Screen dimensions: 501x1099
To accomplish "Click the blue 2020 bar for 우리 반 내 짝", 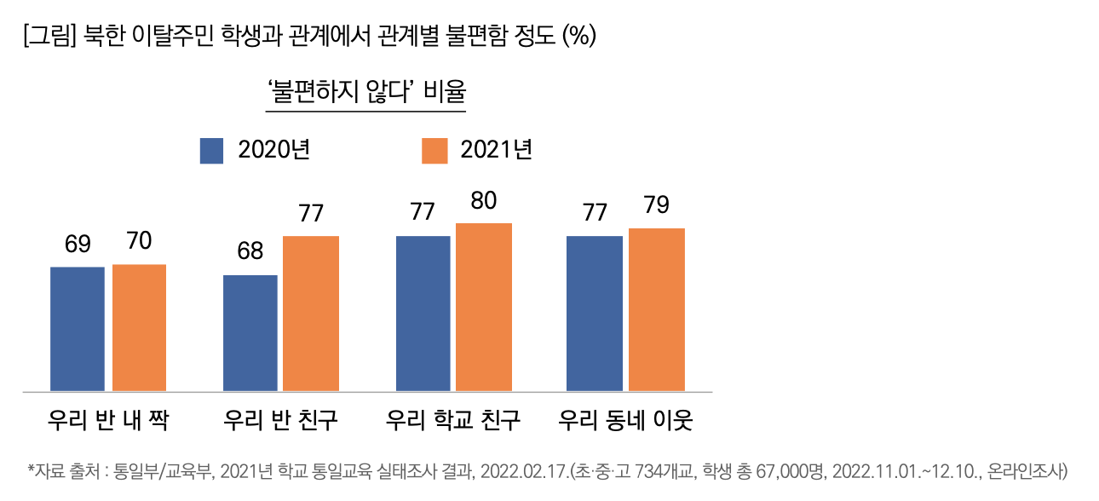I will pos(78,329).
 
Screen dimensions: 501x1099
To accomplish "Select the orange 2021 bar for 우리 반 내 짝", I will pos(139,328).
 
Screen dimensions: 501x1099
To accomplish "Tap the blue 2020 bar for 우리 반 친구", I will pos(250,333).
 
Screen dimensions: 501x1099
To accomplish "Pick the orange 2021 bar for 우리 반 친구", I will pos(311,314).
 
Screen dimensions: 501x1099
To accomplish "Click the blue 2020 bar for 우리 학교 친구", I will pos(423,314).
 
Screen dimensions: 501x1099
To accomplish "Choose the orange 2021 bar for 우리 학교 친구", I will pos(484,308).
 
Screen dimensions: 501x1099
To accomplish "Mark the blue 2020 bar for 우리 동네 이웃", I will pos(595,314).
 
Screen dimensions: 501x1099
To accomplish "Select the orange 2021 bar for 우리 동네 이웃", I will pos(657,310).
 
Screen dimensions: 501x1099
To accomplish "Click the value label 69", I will pos(78,245).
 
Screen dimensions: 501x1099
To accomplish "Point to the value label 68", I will pos(250,252).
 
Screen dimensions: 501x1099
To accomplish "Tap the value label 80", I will pos(484,201).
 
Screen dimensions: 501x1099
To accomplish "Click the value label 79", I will pos(657,206).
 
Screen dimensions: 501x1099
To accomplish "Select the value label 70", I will pos(139,242).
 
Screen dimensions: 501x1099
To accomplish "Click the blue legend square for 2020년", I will pos(211,151).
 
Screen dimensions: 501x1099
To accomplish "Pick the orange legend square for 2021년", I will pos(434,151).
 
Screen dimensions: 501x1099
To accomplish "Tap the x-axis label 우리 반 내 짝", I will pos(108,421).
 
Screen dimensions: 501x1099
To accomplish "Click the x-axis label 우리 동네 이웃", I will pos(626,421).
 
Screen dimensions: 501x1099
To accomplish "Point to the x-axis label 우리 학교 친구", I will pos(453,421).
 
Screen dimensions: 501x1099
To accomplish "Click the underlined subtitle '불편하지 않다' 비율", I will pos(366,92).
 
